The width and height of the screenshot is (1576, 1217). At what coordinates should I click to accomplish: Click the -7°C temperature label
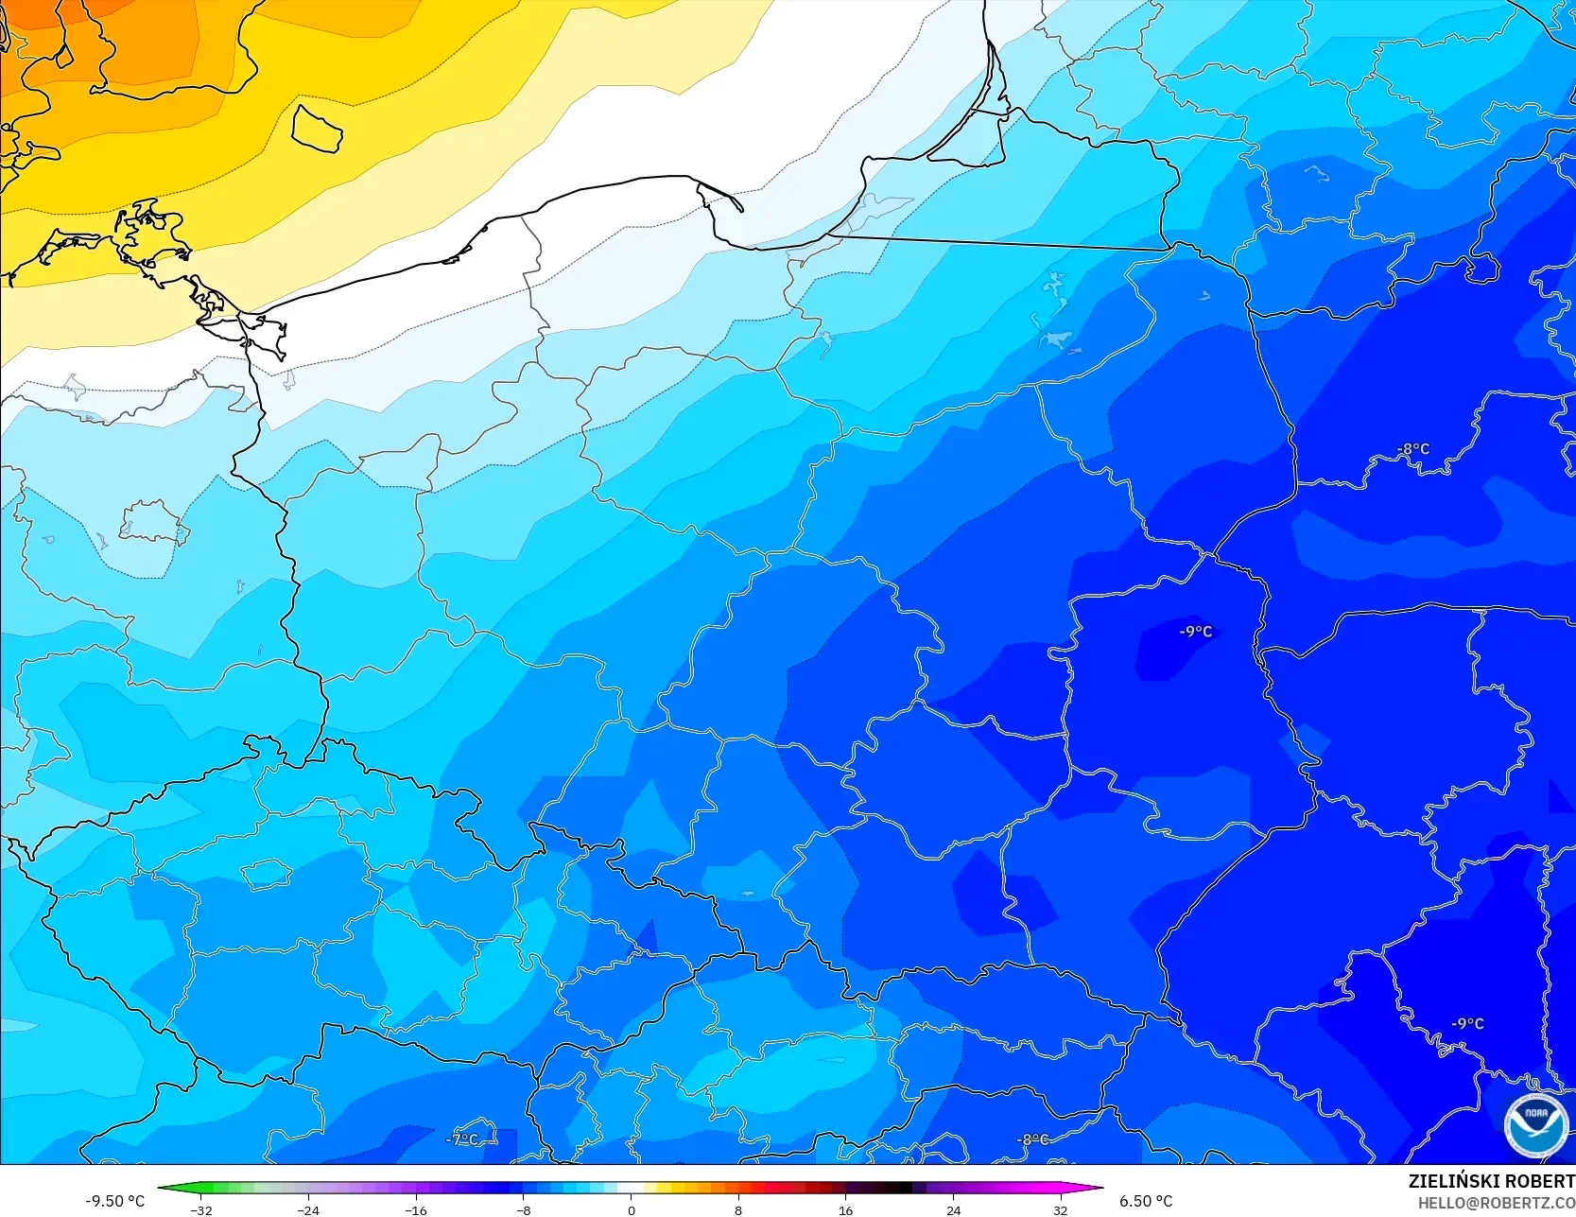462,1139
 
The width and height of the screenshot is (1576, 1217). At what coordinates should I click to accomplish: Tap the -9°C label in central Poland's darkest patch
1196,631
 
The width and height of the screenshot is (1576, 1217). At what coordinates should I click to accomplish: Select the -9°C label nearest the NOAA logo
1468,1023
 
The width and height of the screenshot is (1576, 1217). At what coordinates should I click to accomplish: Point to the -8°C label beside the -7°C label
1033,1139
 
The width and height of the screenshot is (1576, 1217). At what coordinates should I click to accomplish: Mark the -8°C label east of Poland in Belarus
1413,449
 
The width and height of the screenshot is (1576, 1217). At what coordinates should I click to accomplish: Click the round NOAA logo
1535,1124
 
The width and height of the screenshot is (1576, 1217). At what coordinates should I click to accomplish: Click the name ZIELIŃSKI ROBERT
1491,1181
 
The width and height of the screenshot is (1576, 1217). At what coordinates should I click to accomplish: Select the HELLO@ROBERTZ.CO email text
1496,1202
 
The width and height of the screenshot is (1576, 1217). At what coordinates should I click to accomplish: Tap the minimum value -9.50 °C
115,1201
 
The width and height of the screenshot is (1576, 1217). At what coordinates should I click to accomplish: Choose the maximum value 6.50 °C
1146,1201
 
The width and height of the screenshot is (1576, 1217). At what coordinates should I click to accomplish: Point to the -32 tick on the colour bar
201,1210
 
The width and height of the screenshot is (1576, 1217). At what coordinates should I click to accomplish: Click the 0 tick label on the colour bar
632,1210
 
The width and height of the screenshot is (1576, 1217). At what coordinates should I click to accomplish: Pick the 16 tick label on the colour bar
846,1210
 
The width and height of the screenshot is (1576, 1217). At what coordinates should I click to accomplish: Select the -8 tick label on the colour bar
524,1210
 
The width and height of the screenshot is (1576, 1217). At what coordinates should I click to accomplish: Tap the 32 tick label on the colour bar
1061,1210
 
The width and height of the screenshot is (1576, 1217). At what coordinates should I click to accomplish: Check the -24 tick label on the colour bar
308,1210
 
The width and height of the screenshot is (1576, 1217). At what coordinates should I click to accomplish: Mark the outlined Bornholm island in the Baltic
316,128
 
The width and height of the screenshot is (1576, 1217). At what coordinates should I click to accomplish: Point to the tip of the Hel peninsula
740,209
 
